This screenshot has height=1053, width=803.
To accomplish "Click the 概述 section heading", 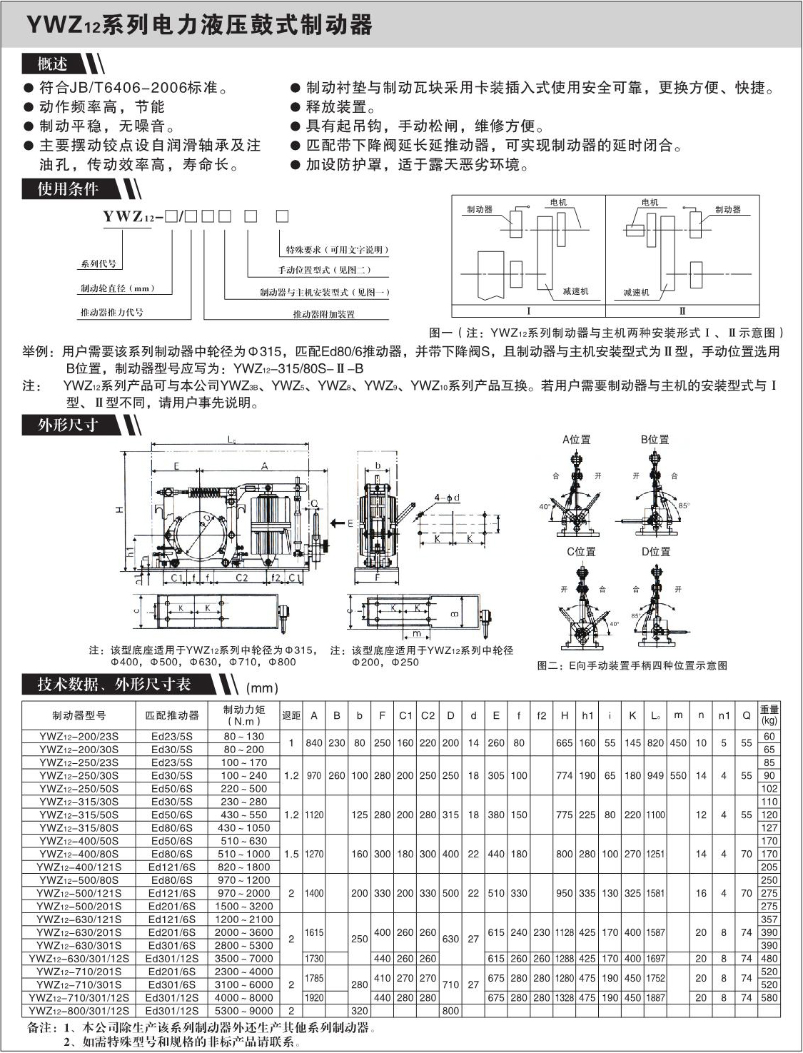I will pyautogui.click(x=52, y=64).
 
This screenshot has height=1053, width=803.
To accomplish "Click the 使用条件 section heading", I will pyautogui.click(x=68, y=189).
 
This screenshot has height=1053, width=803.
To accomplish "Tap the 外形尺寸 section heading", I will pyautogui.click(x=68, y=425).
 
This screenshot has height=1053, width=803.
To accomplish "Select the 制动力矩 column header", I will pyautogui.click(x=243, y=715).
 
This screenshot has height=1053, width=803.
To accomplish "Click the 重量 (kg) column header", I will pyautogui.click(x=769, y=715).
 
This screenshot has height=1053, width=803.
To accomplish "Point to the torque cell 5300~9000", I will pyautogui.click(x=243, y=1011).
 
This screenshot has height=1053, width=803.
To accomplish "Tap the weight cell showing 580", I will pyautogui.click(x=769, y=998).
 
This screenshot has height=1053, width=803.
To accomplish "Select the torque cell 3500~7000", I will pyautogui.click(x=243, y=959).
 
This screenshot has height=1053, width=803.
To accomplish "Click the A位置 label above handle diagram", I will pyautogui.click(x=576, y=440).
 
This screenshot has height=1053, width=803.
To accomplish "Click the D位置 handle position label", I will pyautogui.click(x=655, y=552).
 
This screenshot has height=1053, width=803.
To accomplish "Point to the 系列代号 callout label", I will pyautogui.click(x=99, y=264).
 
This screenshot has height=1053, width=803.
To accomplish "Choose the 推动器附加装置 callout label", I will pyautogui.click(x=323, y=314).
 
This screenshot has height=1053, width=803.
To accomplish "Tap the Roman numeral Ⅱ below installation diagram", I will pyautogui.click(x=682, y=311).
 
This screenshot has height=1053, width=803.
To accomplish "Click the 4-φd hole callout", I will pyautogui.click(x=447, y=498).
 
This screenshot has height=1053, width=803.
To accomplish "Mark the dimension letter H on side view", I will pyautogui.click(x=120, y=510).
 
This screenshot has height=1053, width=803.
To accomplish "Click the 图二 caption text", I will pyautogui.click(x=632, y=665).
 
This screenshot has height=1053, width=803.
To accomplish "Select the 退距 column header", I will pyautogui.click(x=291, y=715).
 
